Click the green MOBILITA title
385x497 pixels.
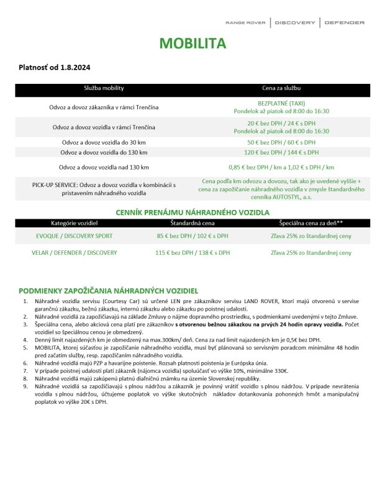click(x=192, y=43)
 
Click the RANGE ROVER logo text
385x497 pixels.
click(x=245, y=23)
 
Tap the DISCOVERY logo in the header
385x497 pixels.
click(x=295, y=23)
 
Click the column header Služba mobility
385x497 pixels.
click(x=104, y=89)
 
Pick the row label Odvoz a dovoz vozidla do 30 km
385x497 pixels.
click(x=104, y=142)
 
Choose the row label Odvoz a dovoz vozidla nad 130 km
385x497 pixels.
click(x=104, y=167)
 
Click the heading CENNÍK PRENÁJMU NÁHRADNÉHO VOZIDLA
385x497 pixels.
click(x=192, y=212)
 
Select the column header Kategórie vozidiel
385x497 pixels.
click(x=75, y=222)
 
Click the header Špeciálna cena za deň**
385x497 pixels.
click(x=311, y=222)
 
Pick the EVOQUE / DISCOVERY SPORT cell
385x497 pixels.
click(x=75, y=236)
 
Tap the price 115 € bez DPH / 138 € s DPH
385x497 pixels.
click(x=192, y=253)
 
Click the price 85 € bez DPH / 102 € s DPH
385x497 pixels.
click(x=192, y=236)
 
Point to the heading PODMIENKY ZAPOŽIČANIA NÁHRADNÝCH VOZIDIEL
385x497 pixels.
click(x=109, y=290)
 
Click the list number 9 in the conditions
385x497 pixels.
click(x=25, y=385)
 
